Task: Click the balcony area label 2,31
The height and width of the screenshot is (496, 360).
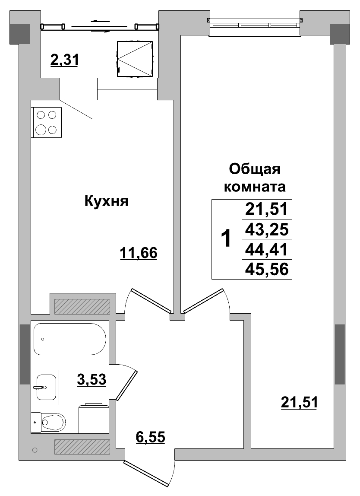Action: [64, 60]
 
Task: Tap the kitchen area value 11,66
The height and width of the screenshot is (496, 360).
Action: [139, 253]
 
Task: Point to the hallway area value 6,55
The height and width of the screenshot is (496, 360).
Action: [151, 437]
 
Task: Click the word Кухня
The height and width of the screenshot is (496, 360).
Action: [106, 201]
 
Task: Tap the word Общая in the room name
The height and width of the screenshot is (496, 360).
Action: [254, 169]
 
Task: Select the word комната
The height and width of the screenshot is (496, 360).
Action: [254, 188]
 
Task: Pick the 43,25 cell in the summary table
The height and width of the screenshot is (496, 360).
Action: [266, 229]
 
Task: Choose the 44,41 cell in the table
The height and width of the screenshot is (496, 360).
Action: [266, 249]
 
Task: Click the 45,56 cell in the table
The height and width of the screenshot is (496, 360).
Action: [266, 269]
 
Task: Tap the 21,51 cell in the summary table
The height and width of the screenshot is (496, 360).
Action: [266, 210]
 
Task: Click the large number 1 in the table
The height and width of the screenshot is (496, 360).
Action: [226, 239]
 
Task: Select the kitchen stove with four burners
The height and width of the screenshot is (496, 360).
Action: [47, 122]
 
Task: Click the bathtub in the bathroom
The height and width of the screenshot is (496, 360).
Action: [69, 339]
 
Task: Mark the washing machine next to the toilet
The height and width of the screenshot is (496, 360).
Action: [94, 418]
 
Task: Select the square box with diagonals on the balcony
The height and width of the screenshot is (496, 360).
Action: [135, 59]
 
